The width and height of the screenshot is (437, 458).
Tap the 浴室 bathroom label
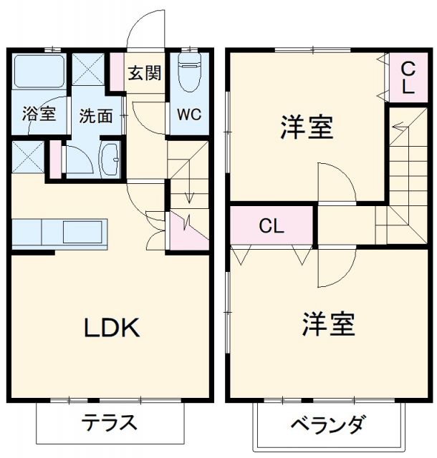(38, 114)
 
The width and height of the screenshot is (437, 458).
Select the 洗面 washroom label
(95, 115)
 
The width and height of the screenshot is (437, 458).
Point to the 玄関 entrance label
(144, 73)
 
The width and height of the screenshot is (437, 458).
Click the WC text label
(189, 114)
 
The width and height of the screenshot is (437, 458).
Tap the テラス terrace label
(109, 422)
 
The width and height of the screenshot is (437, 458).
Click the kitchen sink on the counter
(85, 233)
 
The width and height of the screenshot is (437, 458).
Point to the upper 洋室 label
(306, 129)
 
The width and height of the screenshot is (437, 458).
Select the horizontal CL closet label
(272, 226)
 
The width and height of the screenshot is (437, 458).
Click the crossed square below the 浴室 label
(29, 157)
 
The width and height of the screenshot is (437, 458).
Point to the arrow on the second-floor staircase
(399, 130)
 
